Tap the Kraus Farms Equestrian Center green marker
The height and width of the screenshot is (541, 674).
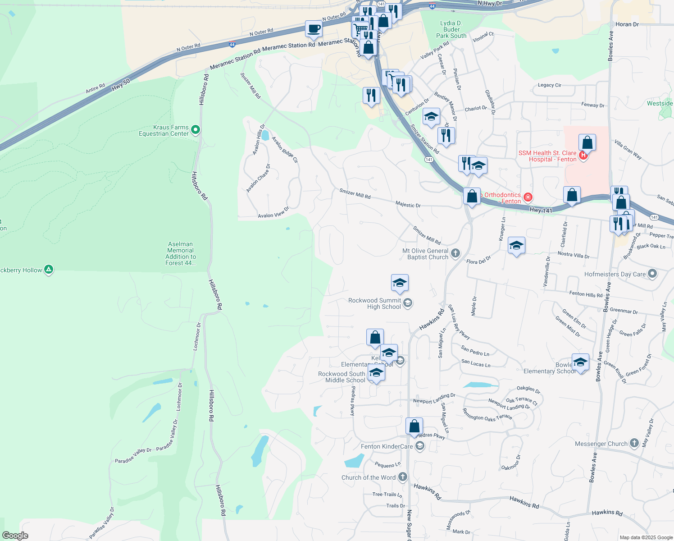196,130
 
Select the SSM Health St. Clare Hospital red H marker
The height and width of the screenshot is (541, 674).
583,156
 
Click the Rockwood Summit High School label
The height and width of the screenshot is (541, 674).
375,303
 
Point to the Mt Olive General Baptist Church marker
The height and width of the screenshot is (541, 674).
455,253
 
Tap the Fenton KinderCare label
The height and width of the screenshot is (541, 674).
387,446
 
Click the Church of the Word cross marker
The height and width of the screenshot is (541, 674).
403,477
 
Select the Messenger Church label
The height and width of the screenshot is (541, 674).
601,444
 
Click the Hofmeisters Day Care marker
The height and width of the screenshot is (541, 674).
652,274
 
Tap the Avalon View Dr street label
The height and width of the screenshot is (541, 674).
273,213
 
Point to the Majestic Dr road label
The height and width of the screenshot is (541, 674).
408,205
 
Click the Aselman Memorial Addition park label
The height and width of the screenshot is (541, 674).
180,253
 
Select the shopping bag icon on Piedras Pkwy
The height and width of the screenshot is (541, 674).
414,426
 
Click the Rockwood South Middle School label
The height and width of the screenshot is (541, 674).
342,377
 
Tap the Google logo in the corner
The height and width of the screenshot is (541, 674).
15,535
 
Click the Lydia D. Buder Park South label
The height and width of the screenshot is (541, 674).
451,29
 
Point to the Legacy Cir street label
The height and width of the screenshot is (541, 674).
549,85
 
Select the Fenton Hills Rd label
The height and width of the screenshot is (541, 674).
586,294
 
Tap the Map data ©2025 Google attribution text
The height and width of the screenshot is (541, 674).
646,537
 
